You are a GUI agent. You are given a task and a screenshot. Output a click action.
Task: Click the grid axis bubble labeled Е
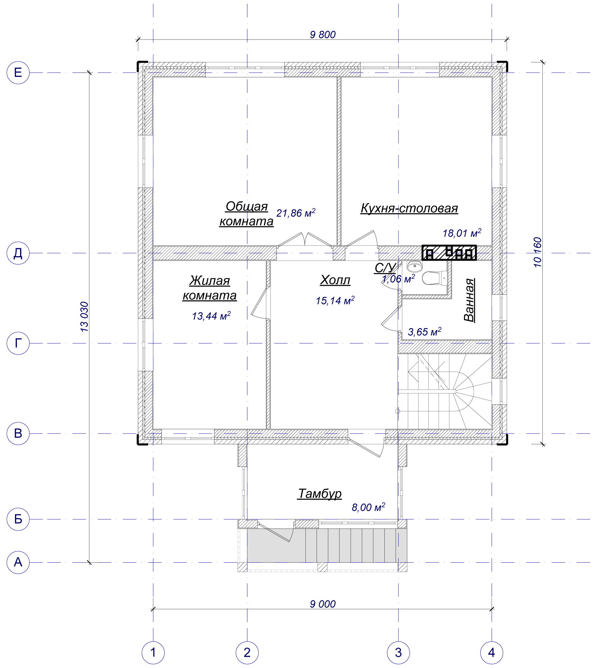tap(18, 73)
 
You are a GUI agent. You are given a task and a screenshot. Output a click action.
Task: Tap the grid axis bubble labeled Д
tap(18, 253)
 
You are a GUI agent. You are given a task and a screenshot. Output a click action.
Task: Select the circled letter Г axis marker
tap(18, 343)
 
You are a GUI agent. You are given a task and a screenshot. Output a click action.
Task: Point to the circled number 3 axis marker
tap(398, 653)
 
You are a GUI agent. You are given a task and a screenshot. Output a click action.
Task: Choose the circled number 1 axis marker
tap(153, 653)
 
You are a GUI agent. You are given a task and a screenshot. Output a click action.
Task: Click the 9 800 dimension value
tap(323, 35)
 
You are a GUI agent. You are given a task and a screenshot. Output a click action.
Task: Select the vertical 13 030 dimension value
tap(84, 317)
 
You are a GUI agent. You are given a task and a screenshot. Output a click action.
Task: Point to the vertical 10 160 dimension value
tap(537, 252)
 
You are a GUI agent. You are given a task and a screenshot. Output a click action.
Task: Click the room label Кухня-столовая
tap(409, 208)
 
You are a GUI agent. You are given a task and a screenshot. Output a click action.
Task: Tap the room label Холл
tap(335, 280)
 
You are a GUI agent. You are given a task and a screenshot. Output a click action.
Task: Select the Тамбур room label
tap(319, 494)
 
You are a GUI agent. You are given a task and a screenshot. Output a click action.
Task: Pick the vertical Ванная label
tap(469, 300)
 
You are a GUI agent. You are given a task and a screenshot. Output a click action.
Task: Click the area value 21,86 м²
tap(296, 213)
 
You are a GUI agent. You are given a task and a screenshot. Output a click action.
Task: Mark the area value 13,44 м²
tap(211, 316)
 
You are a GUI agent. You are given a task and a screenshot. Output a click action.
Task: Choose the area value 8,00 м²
tap(368, 507)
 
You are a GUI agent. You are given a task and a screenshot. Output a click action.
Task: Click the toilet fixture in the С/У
tap(434, 278)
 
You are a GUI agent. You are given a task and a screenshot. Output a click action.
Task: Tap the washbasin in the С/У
tap(415, 266)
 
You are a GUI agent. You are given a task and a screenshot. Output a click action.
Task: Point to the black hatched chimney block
tap(449, 253)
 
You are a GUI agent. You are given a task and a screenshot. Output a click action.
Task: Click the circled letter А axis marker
tap(18, 562)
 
